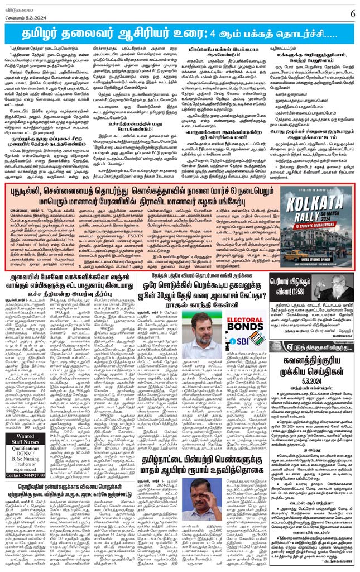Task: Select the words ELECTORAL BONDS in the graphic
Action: tap(248, 326)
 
